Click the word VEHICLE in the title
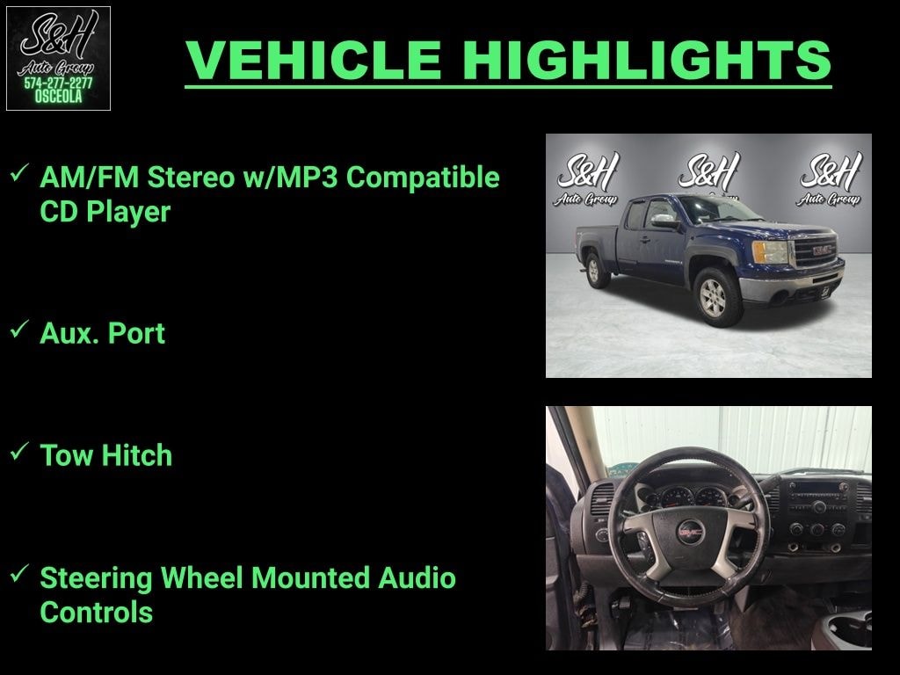click(x=314, y=60)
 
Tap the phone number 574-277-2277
click(x=58, y=83)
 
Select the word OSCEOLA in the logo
click(x=58, y=97)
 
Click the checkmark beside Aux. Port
click(x=19, y=330)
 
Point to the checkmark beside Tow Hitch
click(x=19, y=451)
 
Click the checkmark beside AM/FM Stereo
click(x=19, y=173)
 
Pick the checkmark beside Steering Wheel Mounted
click(x=19, y=573)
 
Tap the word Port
click(x=136, y=333)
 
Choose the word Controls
click(x=97, y=612)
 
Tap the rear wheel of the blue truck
click(x=596, y=270)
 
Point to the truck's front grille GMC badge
click(x=822, y=250)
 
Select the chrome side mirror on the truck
click(x=664, y=220)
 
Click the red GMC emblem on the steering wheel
click(x=689, y=533)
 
